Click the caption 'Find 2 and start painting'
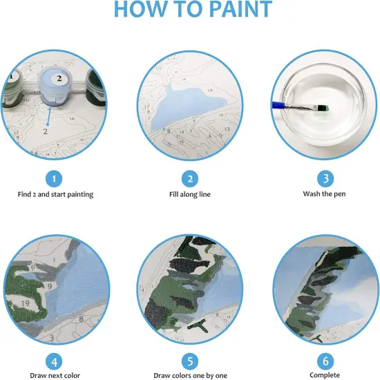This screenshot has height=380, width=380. click(55, 194)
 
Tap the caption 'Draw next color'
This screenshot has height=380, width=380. click(55, 375)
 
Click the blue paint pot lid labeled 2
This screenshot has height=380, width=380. click(59, 80)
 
